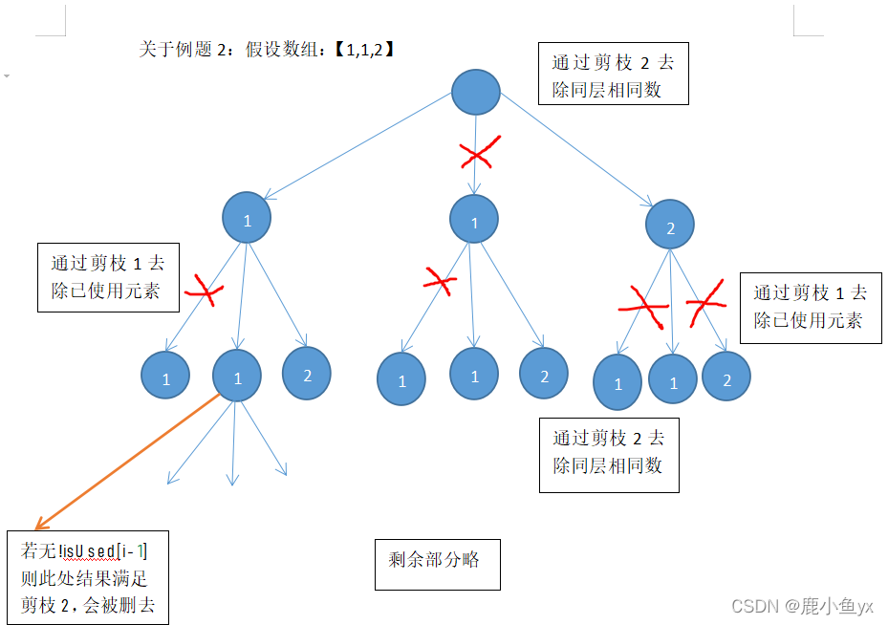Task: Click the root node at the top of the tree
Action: tap(475, 93)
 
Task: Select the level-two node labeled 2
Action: tap(669, 226)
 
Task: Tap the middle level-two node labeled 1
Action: tap(473, 220)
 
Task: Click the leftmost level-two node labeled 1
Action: tap(247, 218)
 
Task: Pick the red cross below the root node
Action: tap(479, 153)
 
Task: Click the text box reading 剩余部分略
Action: tap(437, 562)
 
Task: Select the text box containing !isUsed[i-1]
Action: tap(88, 578)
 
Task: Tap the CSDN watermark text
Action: tap(801, 606)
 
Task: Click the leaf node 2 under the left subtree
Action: tap(307, 374)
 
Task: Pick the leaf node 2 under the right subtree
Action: tap(726, 377)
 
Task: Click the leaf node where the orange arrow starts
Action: tap(237, 377)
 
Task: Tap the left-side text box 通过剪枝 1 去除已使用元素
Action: tap(108, 277)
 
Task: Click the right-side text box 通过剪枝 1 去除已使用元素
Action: tap(810, 307)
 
